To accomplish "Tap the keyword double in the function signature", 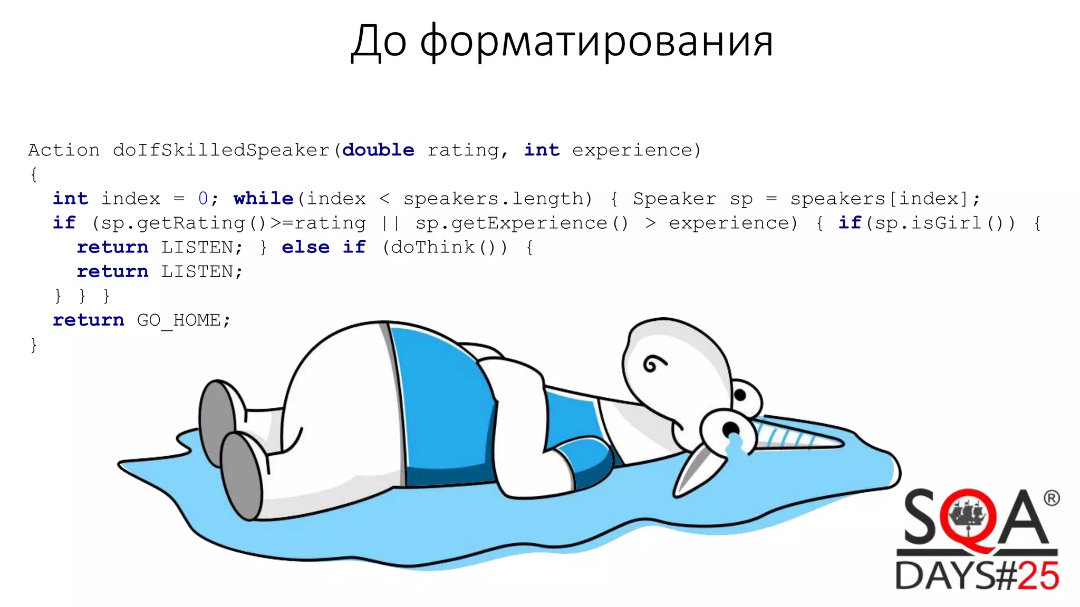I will click(x=378, y=150).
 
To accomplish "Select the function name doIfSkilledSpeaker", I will click(x=221, y=150).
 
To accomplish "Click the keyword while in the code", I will click(x=263, y=199).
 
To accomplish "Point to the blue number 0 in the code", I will click(x=203, y=199).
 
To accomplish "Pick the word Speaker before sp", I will click(x=674, y=199).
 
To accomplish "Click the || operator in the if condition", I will click(x=391, y=223).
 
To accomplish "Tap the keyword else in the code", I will click(x=305, y=247).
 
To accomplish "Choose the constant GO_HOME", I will click(x=178, y=320).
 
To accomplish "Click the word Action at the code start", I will click(x=64, y=150).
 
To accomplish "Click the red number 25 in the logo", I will click(x=1038, y=576).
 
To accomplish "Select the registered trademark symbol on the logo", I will click(x=1051, y=498).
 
